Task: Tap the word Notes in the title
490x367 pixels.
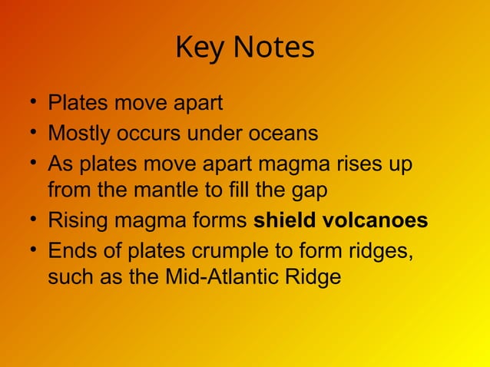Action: (x=273, y=48)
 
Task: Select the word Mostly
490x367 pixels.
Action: (x=79, y=134)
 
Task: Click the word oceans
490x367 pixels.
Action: (x=283, y=134)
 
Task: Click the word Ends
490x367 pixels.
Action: (x=70, y=253)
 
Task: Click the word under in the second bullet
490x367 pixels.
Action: (x=217, y=134)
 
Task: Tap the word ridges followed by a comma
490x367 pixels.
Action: (x=382, y=253)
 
